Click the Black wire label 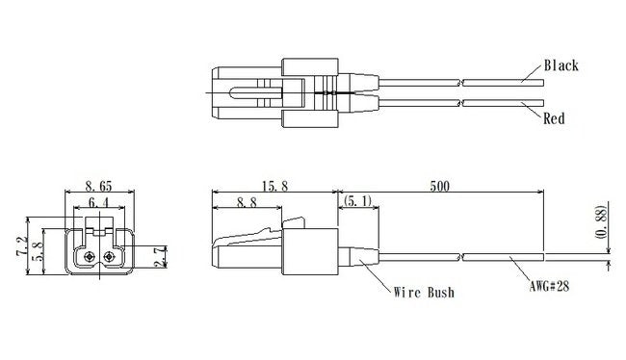click(x=561, y=65)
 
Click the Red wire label click(x=554, y=118)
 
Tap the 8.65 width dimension click(x=98, y=186)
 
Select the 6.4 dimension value click(x=98, y=203)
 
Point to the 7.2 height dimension click(x=22, y=245)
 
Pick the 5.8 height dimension click(x=39, y=251)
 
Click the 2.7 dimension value click(x=160, y=257)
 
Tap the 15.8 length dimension click(x=274, y=186)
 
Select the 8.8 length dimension click(x=248, y=202)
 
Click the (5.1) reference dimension click(x=357, y=201)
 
